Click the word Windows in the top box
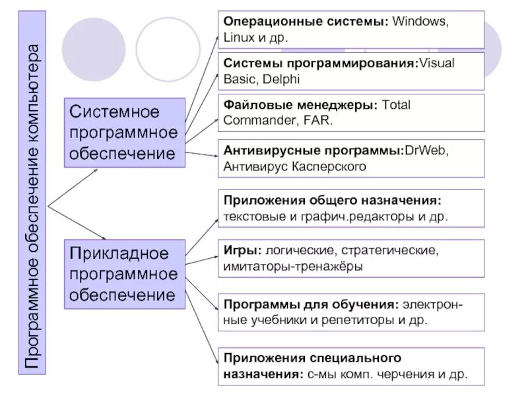coord(420,21)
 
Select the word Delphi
coord(280,79)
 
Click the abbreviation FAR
coord(320,121)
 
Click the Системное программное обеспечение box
coord(124,132)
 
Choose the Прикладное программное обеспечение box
coord(124,274)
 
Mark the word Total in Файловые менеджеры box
coord(396,106)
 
